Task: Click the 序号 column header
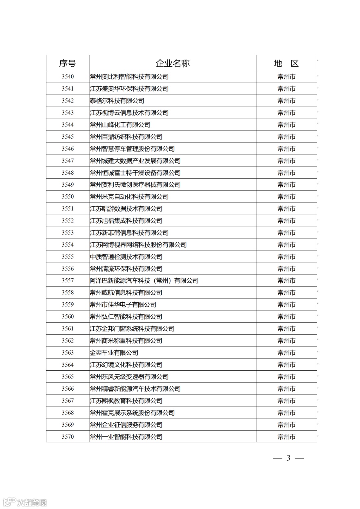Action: coord(67,63)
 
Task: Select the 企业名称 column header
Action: coord(172,63)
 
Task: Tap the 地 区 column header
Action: coord(286,63)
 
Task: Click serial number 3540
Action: coord(67,77)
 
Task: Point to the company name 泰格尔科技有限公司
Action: coord(117,101)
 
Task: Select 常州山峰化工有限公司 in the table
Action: coord(120,125)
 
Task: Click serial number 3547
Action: coord(67,161)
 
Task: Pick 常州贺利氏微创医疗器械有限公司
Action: coord(135,185)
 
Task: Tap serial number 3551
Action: coord(67,209)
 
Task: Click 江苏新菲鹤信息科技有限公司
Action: coord(129,233)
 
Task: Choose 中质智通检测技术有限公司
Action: coord(126,257)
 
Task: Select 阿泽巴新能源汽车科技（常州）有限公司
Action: coord(144,281)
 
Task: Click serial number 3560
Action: coord(67,317)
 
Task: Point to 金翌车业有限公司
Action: coord(114,353)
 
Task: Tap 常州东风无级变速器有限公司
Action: coord(129,377)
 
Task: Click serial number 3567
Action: coord(67,401)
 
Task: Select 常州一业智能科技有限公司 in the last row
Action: coord(126,437)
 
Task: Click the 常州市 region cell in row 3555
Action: coord(286,257)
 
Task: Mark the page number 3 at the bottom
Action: coord(288,458)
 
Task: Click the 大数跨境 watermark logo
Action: coord(25,502)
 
